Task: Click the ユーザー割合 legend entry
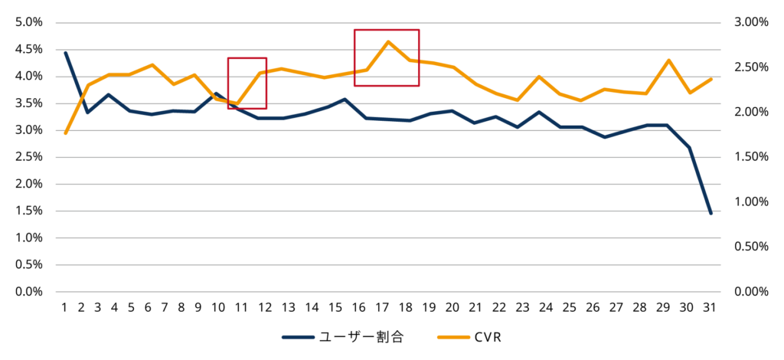341,336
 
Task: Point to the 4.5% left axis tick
28,50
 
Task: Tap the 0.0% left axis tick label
28,292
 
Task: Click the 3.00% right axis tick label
750,22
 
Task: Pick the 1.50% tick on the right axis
750,157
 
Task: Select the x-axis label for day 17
381,308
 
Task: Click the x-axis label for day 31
709,308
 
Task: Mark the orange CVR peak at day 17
388,41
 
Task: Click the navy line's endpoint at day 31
711,214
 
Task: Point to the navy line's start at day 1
66,53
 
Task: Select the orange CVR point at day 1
66,133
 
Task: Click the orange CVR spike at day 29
668,60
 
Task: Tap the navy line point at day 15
345,99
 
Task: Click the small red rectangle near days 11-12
247,83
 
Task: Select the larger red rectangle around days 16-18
387,57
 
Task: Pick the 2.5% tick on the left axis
28,157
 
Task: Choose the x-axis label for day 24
546,308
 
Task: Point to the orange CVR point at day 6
152,65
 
